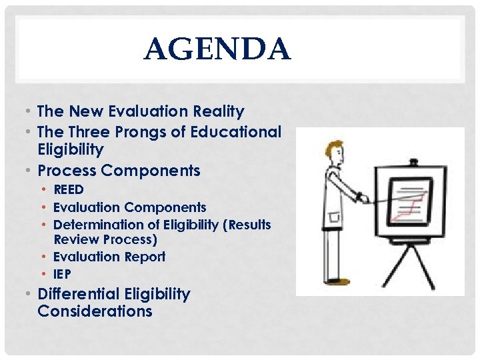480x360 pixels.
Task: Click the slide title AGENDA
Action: [x=217, y=49]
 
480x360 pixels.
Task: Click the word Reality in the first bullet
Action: [x=219, y=111]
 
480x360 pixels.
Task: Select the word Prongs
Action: [x=140, y=132]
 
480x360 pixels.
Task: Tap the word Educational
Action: [x=236, y=132]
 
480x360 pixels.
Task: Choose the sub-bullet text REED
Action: [x=69, y=190]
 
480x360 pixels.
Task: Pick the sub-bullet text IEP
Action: [x=62, y=274]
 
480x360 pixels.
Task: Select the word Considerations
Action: [x=95, y=311]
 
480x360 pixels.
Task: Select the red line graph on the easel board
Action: [x=408, y=203]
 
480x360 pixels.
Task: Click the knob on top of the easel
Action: [x=413, y=161]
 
